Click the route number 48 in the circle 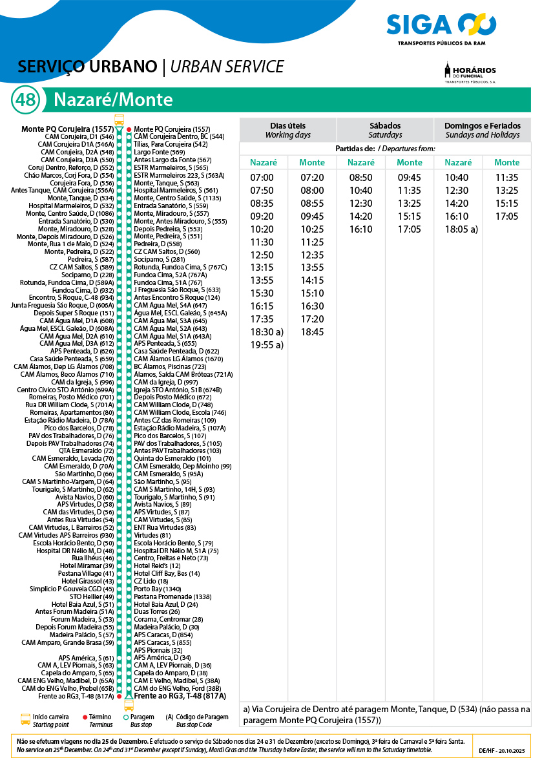26,100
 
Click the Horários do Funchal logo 470,72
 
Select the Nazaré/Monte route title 113,100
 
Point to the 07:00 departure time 262,178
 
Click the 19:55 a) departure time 267,345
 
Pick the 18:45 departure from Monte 312,332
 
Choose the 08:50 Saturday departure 360,178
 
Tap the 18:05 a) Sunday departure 461,229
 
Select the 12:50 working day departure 262,255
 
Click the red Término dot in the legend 85,717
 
